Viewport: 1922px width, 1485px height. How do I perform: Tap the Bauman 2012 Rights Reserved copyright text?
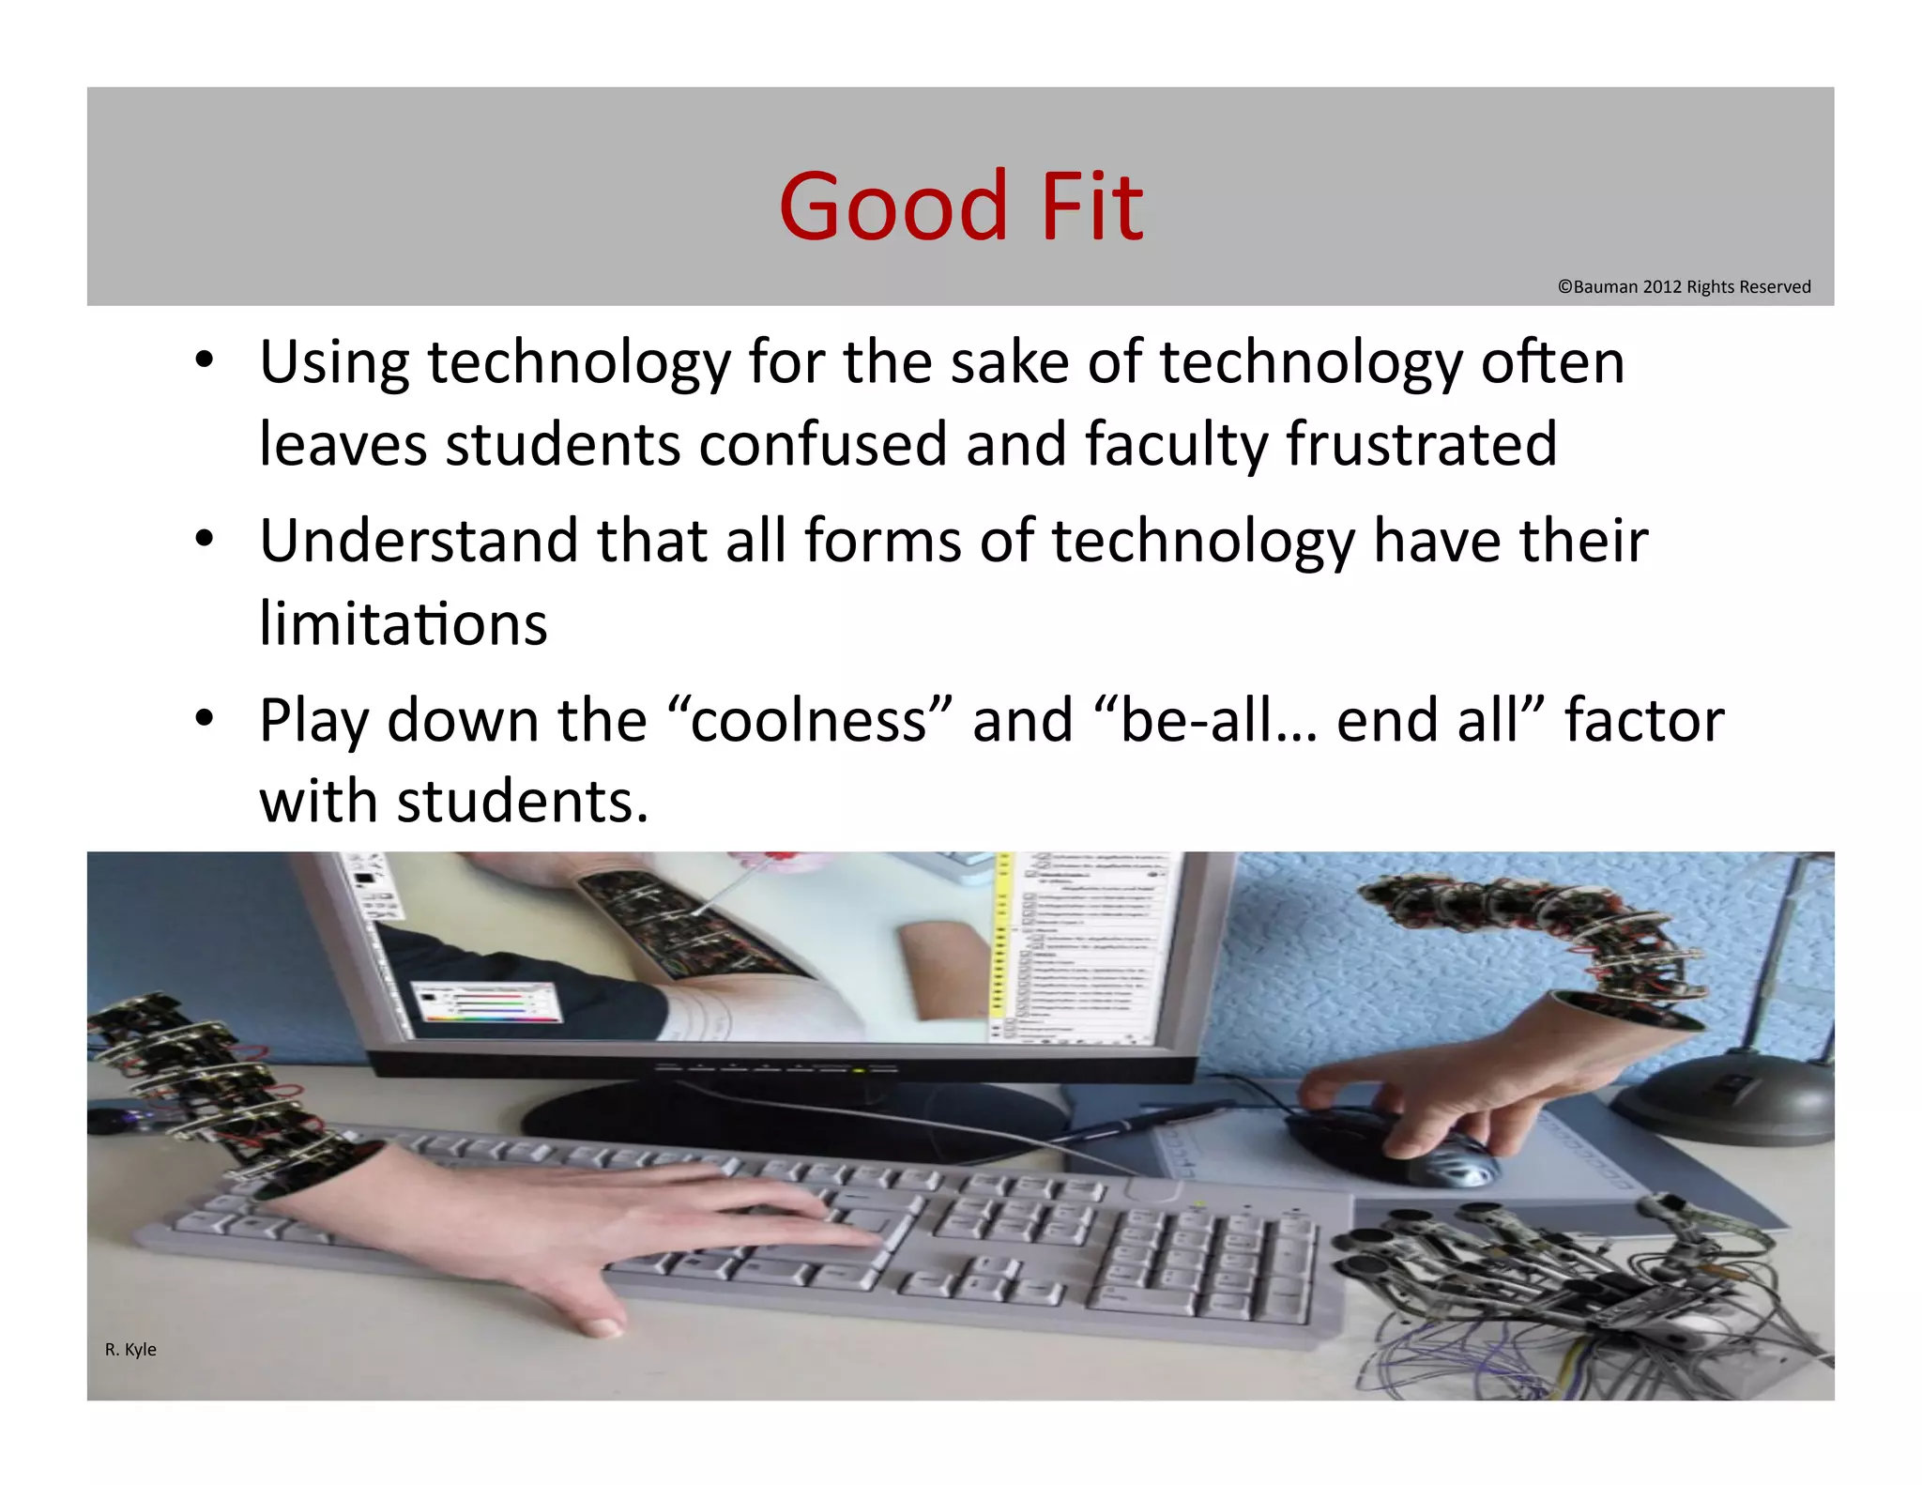click(1684, 287)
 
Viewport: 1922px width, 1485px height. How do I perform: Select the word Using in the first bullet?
click(334, 364)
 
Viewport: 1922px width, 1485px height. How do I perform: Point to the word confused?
click(822, 444)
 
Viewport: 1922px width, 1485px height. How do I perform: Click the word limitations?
click(403, 624)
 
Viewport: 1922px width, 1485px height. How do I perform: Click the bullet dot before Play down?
click(205, 719)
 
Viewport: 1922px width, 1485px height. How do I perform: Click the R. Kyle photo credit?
click(130, 1349)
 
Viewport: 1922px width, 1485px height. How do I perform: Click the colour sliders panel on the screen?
click(488, 1003)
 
